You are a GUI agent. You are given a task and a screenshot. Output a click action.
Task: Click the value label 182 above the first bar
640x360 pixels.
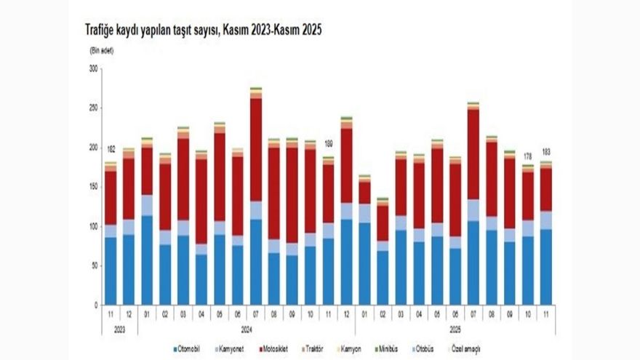[x=111, y=149]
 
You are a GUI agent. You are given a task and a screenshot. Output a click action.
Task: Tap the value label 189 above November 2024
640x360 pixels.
[x=328, y=144]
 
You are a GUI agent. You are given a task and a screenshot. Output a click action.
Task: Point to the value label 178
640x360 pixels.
[x=529, y=155]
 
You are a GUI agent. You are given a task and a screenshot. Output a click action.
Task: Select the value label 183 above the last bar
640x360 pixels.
[x=546, y=151]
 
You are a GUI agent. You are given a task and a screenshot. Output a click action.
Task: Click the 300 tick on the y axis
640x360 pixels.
[x=92, y=69]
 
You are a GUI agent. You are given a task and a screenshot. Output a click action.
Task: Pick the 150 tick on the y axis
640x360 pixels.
[x=92, y=187]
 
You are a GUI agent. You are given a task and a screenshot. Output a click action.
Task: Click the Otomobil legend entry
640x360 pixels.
[x=190, y=349]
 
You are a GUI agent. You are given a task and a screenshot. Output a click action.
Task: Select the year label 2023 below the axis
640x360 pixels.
[x=119, y=328]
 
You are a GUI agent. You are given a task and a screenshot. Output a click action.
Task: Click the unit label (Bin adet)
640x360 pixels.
[x=101, y=50]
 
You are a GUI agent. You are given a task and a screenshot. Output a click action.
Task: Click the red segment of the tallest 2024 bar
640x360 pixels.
[x=256, y=149]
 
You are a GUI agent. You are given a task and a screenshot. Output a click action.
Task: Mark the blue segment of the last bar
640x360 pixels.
[x=546, y=266]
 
